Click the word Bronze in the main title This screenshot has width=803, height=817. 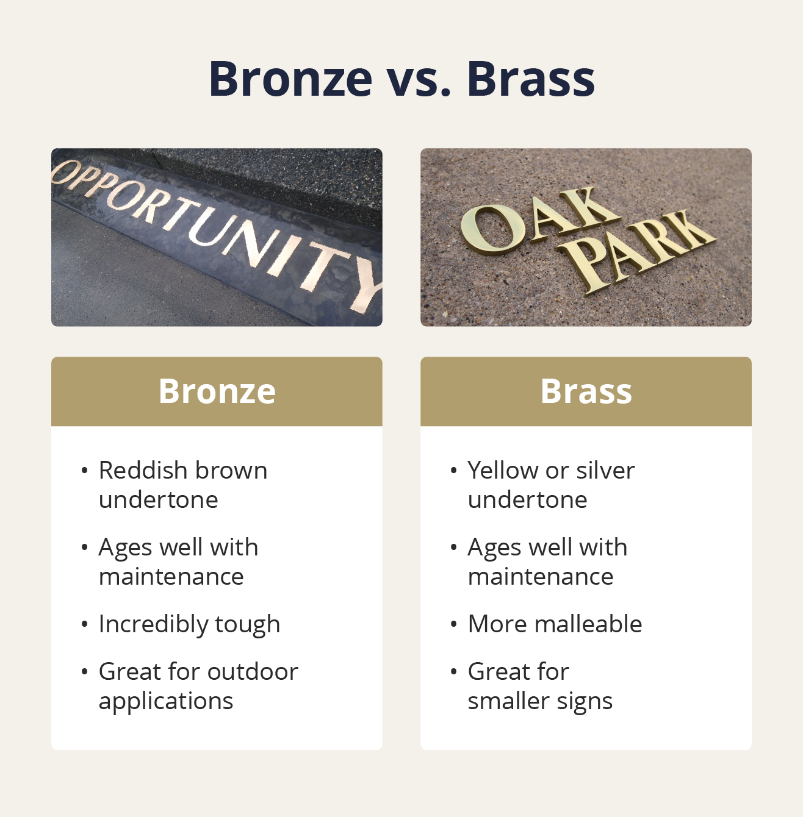[x=290, y=79]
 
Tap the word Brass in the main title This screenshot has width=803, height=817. [x=530, y=79]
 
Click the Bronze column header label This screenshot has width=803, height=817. [x=217, y=391]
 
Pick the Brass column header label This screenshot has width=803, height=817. [x=586, y=391]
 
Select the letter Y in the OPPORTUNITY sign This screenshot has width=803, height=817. [x=369, y=284]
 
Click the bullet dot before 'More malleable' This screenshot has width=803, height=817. [x=453, y=624]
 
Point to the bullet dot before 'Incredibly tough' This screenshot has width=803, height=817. [x=84, y=624]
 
